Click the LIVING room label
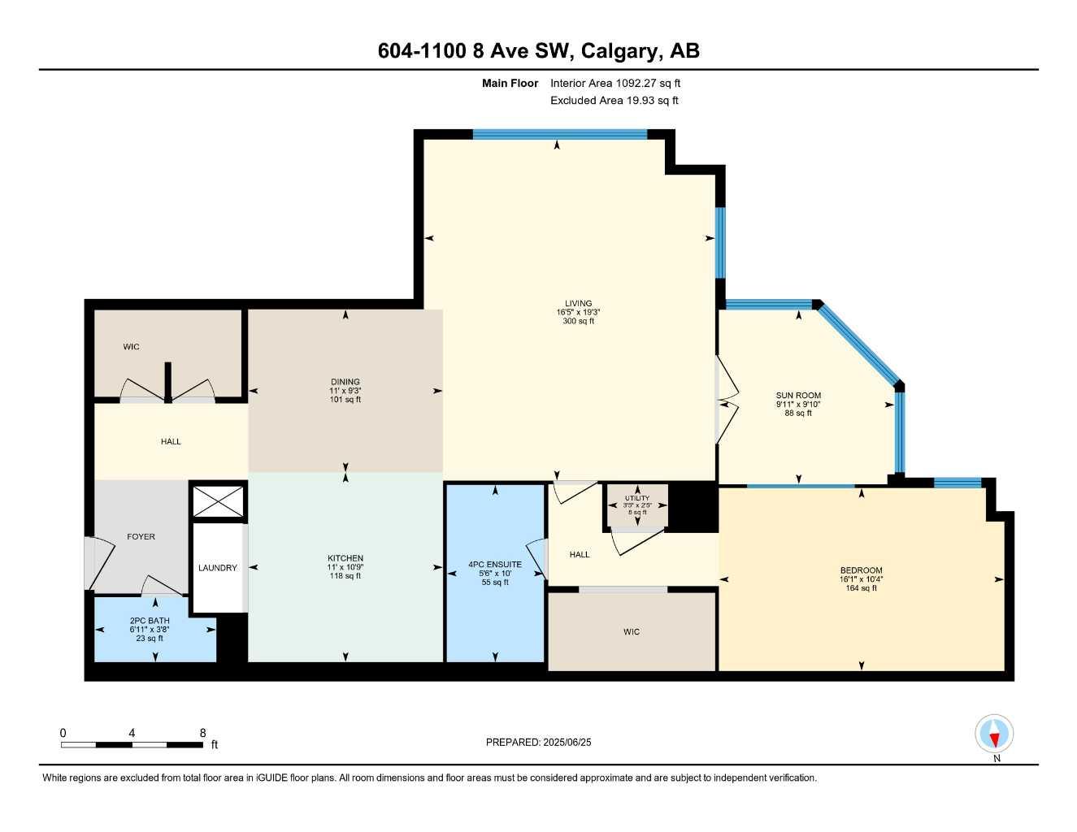pyautogui.click(x=579, y=304)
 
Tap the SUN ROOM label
pyautogui.click(x=798, y=396)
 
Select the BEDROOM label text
pyautogui.click(x=861, y=570)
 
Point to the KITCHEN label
pyautogui.click(x=345, y=558)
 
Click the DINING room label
pyautogui.click(x=345, y=382)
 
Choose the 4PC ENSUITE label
pyautogui.click(x=495, y=564)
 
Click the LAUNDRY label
pyautogui.click(x=218, y=568)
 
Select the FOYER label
pyautogui.click(x=141, y=536)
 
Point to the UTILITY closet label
pyautogui.click(x=637, y=498)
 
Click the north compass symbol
pyautogui.click(x=994, y=734)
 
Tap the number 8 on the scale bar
pyautogui.click(x=202, y=733)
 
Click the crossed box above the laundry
pyautogui.click(x=218, y=501)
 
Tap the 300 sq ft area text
pyautogui.click(x=579, y=321)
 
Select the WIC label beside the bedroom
pyautogui.click(x=632, y=631)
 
